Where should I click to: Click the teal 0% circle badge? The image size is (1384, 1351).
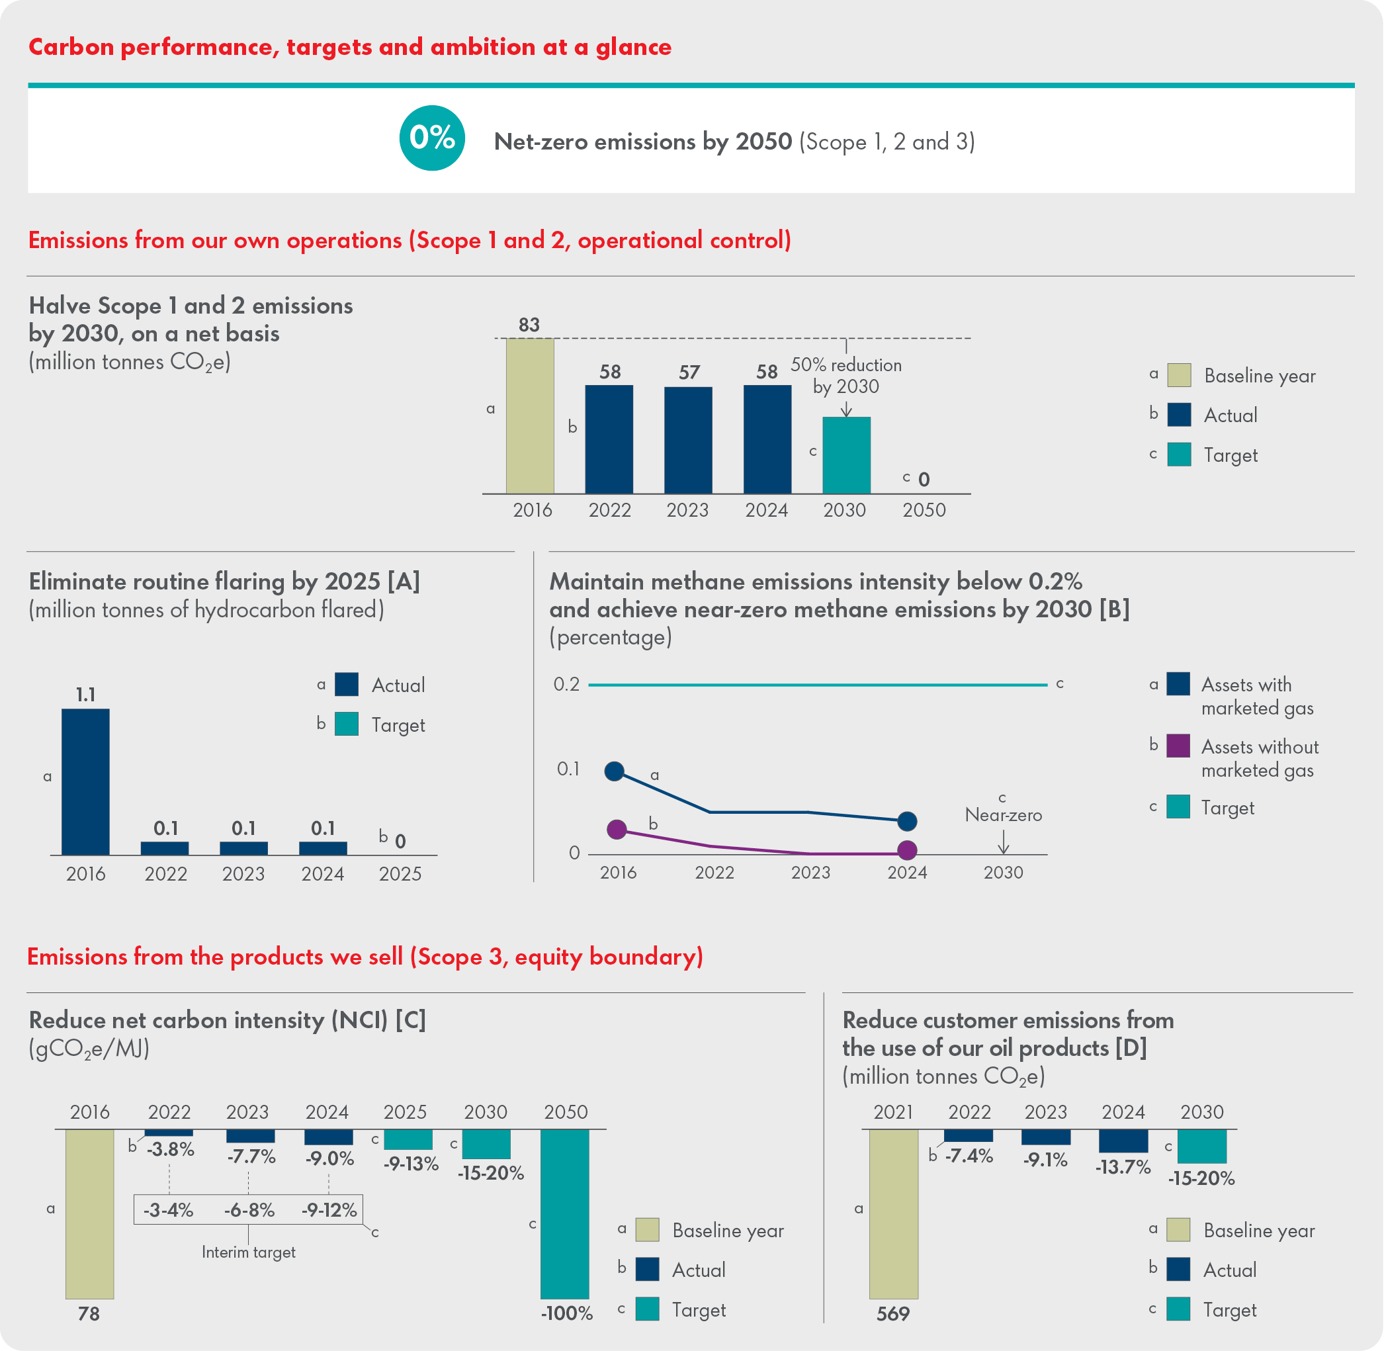432,138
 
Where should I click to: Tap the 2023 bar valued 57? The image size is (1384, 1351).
688,440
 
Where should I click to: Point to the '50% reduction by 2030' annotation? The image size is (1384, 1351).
845,375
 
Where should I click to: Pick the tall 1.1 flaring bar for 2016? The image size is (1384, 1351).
86,781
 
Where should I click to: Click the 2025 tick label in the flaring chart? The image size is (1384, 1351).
400,874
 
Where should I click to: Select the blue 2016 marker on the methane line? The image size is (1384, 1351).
615,771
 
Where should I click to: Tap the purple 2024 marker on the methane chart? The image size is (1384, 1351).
907,850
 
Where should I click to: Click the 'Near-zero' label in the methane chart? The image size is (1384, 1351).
1003,815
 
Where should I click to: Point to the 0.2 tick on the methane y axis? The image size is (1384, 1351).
566,685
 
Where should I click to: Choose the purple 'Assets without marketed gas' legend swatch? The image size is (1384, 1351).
1178,746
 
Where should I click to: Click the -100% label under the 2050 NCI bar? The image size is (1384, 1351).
567,1313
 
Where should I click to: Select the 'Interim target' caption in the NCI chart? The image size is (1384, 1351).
248,1252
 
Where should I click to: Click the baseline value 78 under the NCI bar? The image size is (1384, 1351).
89,1314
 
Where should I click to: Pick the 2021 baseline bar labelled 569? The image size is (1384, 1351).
894,1213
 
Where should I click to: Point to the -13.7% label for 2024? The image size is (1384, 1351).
1123,1167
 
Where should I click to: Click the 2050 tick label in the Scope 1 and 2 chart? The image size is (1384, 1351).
924,510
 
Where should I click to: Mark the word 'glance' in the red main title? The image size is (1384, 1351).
634,47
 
